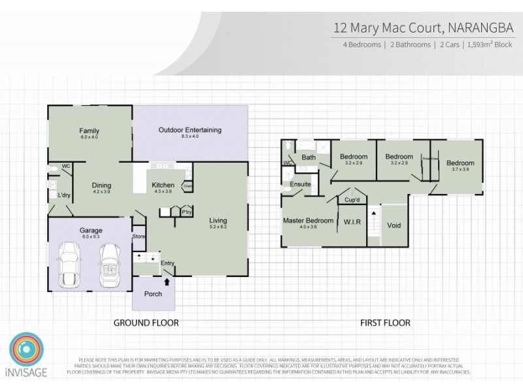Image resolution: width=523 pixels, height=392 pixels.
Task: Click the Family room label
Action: [89, 131]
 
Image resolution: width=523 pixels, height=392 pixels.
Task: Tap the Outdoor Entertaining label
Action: [190, 130]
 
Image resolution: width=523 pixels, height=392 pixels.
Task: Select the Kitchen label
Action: [163, 185]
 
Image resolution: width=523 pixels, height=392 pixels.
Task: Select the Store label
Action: [138, 237]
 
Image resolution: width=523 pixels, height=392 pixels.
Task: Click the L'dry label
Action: [63, 195]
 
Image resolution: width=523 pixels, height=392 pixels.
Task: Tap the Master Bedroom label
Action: [308, 221]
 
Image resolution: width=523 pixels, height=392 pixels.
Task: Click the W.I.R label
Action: [352, 222]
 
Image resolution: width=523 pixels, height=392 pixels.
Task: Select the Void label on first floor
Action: [394, 226]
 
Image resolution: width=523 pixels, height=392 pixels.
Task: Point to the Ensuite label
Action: [300, 184]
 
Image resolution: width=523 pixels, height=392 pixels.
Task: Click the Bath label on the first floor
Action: [309, 157]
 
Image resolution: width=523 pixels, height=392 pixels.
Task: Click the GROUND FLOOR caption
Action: [146, 323]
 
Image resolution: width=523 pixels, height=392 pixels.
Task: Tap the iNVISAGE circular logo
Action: [26, 353]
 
